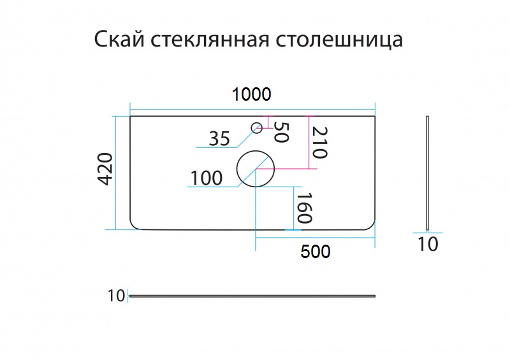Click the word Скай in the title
119,40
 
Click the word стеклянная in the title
210,40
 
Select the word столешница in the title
340,40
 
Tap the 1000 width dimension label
251,94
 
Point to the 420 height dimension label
105,169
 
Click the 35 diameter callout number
219,138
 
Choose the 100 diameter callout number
206,178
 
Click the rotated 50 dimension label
281,132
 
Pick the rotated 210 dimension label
319,142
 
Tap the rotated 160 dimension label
304,208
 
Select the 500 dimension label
316,252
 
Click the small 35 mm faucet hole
257,128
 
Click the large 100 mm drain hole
256,169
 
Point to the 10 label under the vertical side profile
428,244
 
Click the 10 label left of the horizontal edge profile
116,296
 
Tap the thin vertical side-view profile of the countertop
427,173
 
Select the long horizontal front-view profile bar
252,296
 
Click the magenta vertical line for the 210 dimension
309,143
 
